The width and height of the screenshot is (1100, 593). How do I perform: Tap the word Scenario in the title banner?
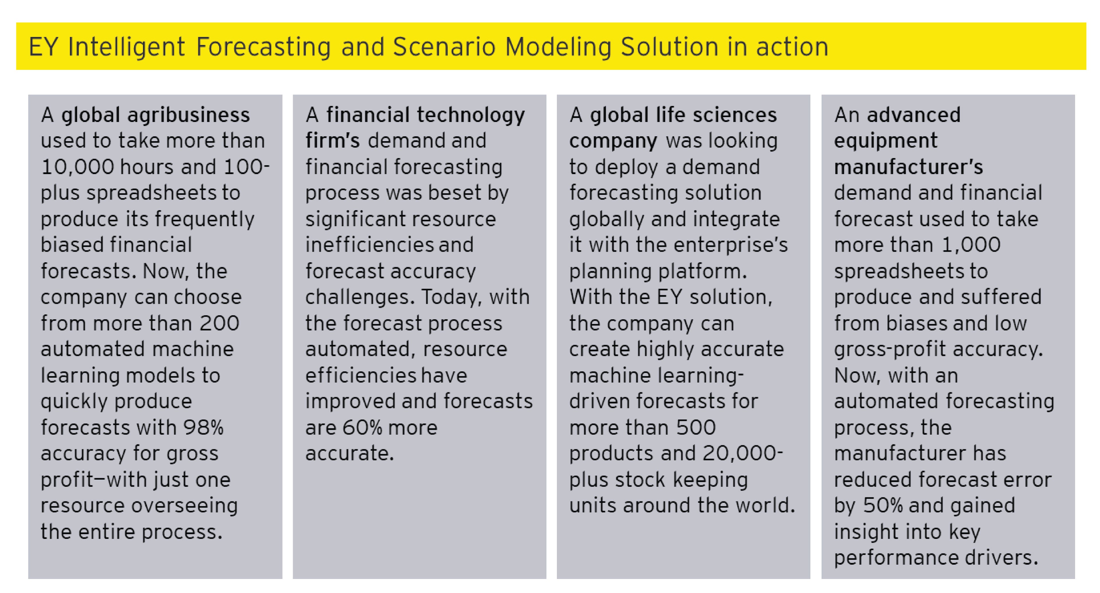[x=444, y=47]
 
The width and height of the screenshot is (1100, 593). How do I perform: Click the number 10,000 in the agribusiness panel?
[x=78, y=167]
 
